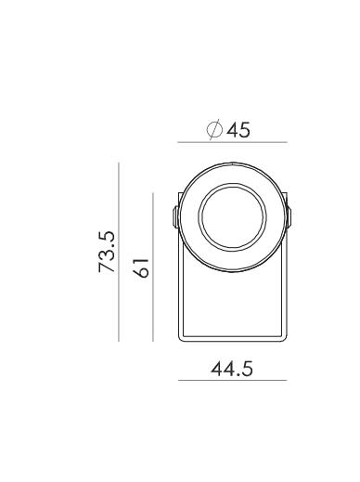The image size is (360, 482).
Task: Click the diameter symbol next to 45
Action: (x=214, y=129)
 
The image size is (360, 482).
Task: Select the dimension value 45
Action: (x=238, y=130)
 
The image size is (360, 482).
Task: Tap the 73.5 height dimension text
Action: (x=107, y=252)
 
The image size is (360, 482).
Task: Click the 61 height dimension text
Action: (x=141, y=267)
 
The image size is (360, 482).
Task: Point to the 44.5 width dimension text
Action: (x=232, y=369)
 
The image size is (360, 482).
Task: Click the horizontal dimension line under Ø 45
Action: (x=232, y=142)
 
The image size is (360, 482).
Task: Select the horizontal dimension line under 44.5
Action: (x=232, y=380)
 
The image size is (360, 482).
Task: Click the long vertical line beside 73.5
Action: (x=119, y=252)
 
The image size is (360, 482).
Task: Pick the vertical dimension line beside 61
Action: (x=153, y=267)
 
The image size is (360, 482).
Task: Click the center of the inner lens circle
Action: (x=232, y=216)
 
